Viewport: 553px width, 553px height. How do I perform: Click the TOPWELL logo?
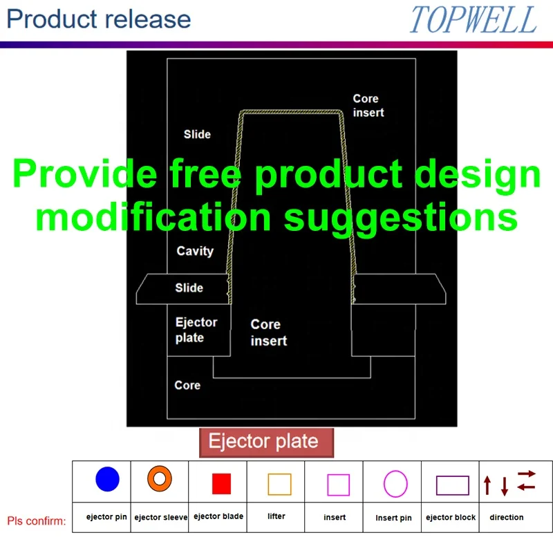[473, 20]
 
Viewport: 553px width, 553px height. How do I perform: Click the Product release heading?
[99, 19]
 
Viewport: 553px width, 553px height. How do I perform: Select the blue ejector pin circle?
[107, 479]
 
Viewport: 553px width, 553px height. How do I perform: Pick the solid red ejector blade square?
[221, 483]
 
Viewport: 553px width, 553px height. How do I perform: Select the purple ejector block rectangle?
[453, 476]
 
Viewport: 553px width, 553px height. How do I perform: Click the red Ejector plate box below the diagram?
[266, 442]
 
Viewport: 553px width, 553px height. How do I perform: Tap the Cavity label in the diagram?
[195, 252]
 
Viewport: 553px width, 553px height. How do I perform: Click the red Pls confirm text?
[37, 521]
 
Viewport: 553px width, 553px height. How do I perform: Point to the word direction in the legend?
[507, 517]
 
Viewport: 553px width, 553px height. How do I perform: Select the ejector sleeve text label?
[161, 517]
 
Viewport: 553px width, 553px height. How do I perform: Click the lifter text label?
[276, 516]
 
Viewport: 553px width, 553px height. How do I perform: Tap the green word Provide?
[85, 174]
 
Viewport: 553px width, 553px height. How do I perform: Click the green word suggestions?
[401, 218]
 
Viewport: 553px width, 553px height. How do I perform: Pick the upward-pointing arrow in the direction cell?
[487, 485]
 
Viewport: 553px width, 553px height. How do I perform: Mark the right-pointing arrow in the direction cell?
[527, 474]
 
